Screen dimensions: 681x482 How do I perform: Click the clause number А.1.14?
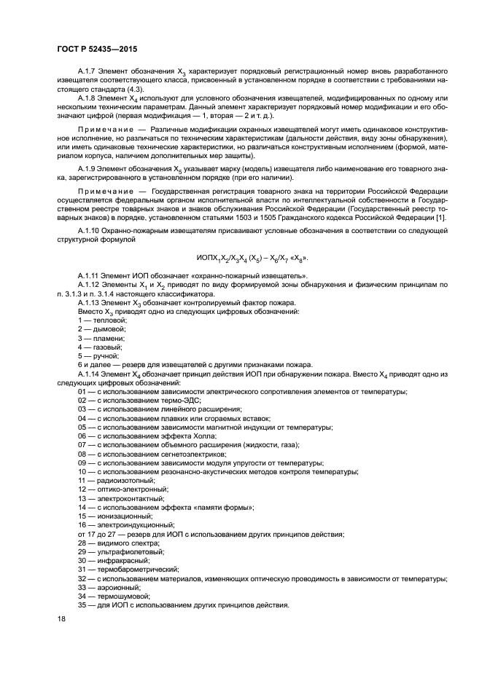point(91,373)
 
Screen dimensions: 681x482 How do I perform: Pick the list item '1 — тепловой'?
point(102,320)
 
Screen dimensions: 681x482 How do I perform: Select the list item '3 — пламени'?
point(101,338)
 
